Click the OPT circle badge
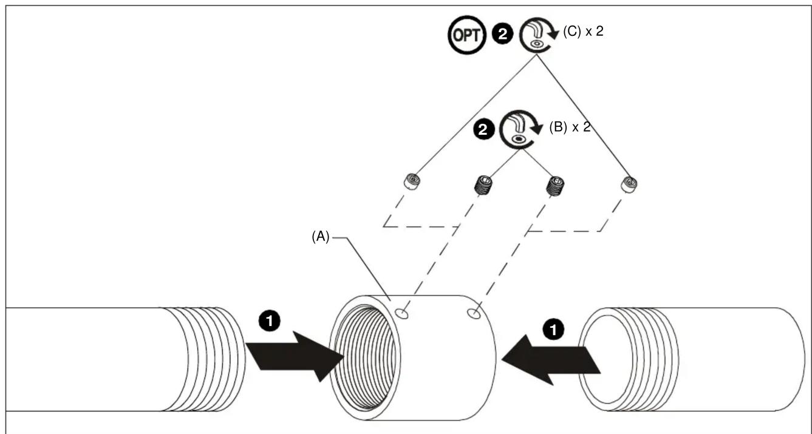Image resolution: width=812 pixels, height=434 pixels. tap(466, 35)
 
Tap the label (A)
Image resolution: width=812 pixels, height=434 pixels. tap(321, 237)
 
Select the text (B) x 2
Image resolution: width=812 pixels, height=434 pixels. tap(570, 127)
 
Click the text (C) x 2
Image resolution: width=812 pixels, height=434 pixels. tap(583, 32)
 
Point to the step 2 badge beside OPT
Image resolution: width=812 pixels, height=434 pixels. tap(502, 34)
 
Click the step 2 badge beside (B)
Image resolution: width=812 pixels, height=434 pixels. tap(483, 129)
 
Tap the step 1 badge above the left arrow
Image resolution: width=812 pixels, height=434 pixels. tap(269, 320)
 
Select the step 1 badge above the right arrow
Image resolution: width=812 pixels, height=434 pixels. tap(553, 330)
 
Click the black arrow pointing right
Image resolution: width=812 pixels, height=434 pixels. tap(295, 356)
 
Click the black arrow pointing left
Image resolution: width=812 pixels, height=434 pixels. tap(551, 360)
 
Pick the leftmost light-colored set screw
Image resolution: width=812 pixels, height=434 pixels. tap(412, 181)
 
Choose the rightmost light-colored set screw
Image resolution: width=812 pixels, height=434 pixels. tap(629, 185)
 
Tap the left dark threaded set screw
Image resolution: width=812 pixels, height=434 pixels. tap(483, 185)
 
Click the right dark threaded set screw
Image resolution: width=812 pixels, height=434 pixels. tap(555, 186)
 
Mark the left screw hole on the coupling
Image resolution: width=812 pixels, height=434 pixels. tap(401, 314)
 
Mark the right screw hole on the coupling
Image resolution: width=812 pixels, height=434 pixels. tap(474, 313)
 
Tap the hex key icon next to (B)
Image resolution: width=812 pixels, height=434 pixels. tap(520, 129)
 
